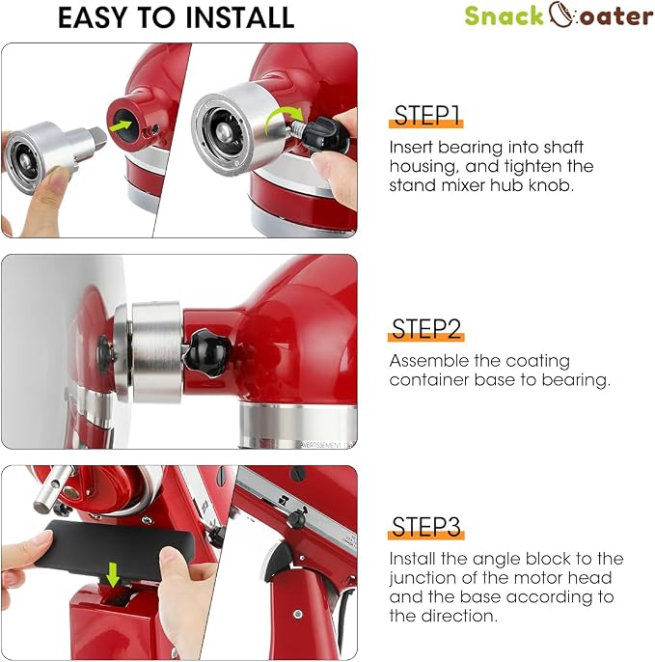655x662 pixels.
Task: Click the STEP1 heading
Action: [x=425, y=115]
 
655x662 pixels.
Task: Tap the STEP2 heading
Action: [x=425, y=329]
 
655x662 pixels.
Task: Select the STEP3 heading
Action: [x=425, y=527]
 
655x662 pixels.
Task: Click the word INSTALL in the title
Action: [x=239, y=17]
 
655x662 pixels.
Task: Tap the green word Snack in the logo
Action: [x=504, y=16]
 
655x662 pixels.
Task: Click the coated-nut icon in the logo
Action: [x=561, y=15]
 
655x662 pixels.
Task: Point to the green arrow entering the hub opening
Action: [x=120, y=125]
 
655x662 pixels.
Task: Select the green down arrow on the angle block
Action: [x=113, y=574]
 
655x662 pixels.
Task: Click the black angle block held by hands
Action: [x=114, y=548]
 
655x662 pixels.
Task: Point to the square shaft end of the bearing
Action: [x=97, y=135]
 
